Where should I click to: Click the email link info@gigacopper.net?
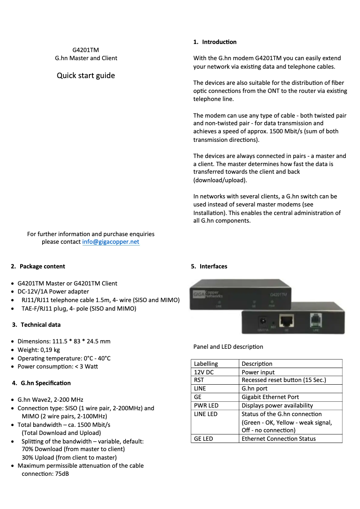[x=110, y=242]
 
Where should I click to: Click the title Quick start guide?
[x=86, y=75]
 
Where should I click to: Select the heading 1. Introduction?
[x=215, y=42]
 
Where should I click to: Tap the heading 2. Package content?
[x=38, y=266]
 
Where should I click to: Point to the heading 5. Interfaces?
[x=209, y=266]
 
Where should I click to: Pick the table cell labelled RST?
[x=199, y=380]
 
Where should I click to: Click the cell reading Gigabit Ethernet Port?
[x=270, y=397]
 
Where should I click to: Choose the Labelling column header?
[x=206, y=364]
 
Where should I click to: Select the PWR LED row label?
[x=206, y=405]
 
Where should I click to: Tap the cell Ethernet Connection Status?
[x=278, y=439]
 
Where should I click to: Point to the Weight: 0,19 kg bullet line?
[x=39, y=350]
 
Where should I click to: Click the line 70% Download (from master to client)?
[x=73, y=449]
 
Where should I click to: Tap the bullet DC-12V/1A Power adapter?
[x=53, y=292]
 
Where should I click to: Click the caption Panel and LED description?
[x=228, y=347]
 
